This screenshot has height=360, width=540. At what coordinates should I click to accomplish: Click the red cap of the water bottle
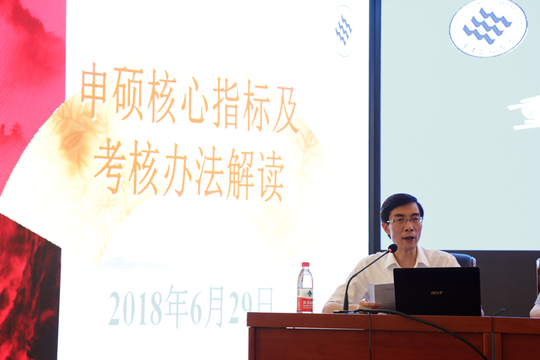coord(305,265)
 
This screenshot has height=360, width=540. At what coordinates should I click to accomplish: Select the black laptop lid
coord(437,291)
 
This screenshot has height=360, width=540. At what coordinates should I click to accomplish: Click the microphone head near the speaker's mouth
coord(393,249)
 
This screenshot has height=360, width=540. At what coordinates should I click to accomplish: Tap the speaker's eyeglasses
coord(404,220)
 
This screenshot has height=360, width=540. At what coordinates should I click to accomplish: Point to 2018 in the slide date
coord(135,308)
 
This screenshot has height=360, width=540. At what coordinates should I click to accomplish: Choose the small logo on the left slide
coord(344,30)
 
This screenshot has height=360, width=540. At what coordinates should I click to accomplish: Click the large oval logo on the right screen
coord(487,26)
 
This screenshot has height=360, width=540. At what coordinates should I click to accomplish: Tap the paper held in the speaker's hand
coord(383,294)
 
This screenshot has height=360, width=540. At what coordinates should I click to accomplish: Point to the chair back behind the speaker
coord(464,259)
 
